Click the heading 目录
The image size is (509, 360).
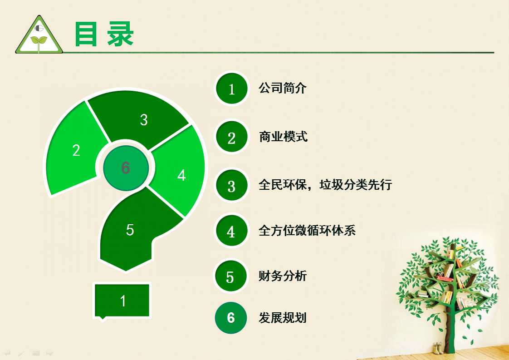click(104, 34)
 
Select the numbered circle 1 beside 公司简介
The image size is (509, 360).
click(231, 89)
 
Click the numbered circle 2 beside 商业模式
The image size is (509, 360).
click(231, 137)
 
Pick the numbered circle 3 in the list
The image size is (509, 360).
click(231, 186)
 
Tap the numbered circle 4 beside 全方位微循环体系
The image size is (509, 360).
click(231, 231)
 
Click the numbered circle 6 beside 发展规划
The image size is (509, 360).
click(231, 317)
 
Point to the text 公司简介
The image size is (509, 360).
click(283, 88)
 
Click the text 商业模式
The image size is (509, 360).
click(283, 137)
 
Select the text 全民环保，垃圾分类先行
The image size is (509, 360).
click(325, 185)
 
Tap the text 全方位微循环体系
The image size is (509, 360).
click(307, 230)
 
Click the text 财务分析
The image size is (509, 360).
click(283, 276)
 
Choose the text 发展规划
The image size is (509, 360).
click(283, 317)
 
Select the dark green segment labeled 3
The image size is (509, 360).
click(140, 118)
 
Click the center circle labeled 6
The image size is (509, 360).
click(126, 168)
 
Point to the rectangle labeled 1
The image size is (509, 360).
click(122, 301)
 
